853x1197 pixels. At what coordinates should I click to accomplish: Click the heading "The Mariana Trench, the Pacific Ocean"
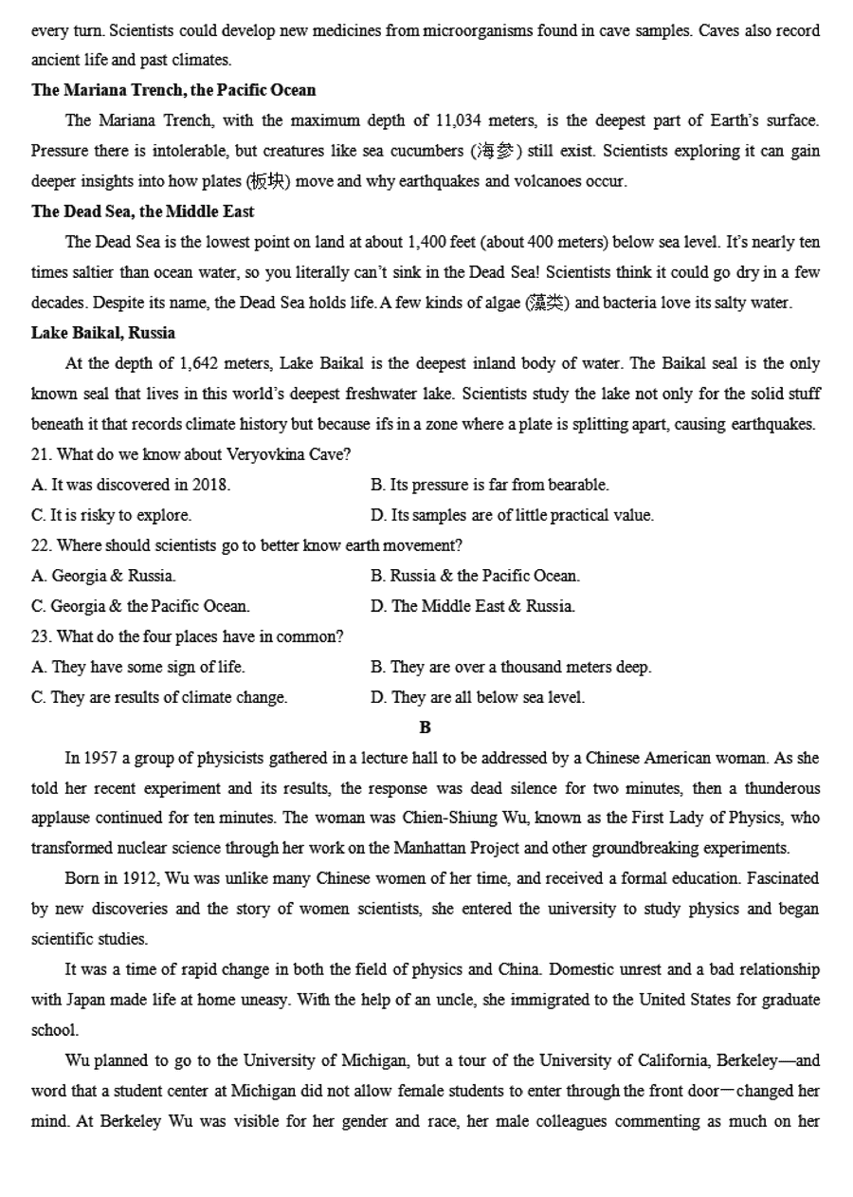pos(173,90)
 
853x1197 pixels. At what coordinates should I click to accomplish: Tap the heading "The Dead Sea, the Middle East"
pos(142,212)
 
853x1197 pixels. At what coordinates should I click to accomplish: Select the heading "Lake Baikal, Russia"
pos(103,333)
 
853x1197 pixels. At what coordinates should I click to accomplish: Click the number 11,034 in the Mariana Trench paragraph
pos(460,120)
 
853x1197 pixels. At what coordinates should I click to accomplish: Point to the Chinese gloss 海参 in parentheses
pos(496,151)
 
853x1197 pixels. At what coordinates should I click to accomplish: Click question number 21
pos(41,454)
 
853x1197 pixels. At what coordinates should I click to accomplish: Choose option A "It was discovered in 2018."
pos(131,485)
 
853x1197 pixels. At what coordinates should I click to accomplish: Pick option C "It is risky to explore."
pos(111,515)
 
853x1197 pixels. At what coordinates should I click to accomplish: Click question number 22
pos(41,545)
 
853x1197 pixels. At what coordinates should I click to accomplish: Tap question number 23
pos(41,636)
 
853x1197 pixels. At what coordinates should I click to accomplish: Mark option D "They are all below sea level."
pos(478,697)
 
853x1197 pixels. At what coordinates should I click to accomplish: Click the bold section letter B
pos(425,727)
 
